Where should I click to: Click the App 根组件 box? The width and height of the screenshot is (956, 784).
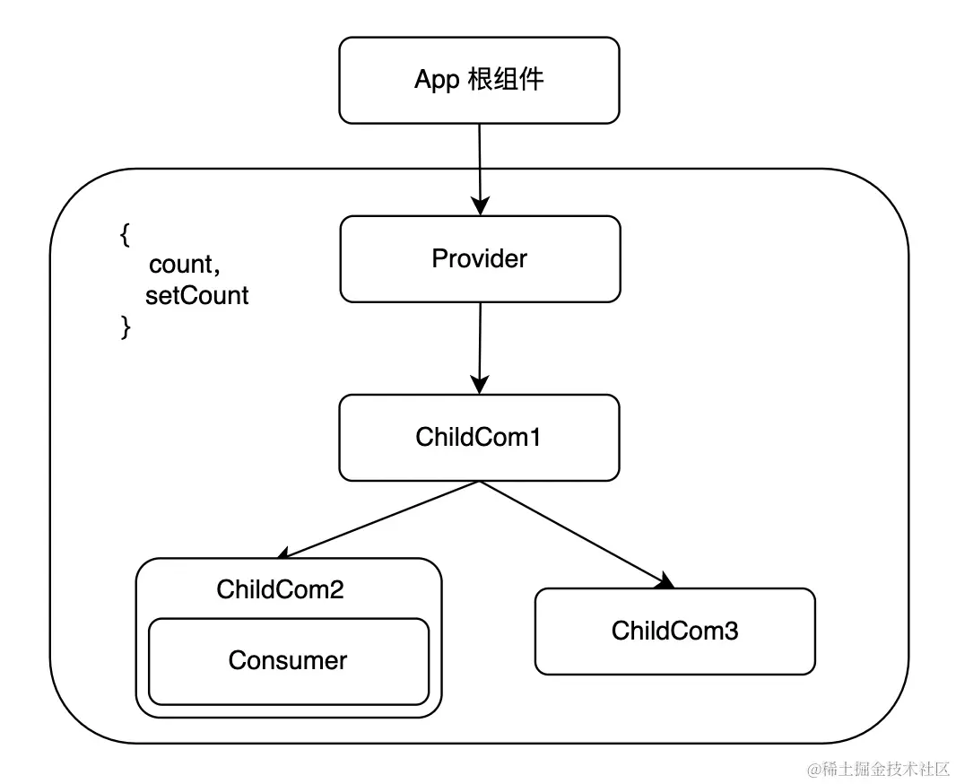tap(479, 80)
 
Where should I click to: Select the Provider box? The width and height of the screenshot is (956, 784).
tap(480, 259)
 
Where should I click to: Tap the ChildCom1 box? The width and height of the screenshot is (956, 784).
tap(479, 438)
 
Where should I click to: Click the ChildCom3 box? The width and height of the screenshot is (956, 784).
tap(674, 631)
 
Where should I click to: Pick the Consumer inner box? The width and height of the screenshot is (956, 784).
tap(288, 661)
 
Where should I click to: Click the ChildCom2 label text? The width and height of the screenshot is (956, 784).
tap(280, 589)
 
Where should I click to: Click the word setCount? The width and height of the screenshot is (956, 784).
tap(196, 295)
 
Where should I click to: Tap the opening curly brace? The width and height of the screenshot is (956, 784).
tap(126, 235)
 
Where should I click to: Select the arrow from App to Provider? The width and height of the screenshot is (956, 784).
tap(480, 166)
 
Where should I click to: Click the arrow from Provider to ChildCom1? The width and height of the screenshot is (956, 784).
tap(480, 345)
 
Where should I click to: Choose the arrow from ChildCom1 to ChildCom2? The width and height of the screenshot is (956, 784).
tap(381, 519)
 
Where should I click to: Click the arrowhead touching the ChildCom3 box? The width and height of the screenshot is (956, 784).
tap(665, 582)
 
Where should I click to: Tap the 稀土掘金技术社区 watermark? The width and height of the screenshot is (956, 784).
tap(878, 769)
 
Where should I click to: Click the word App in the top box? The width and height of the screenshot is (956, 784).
tap(437, 80)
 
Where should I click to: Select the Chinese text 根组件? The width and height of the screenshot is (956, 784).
tap(507, 80)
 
